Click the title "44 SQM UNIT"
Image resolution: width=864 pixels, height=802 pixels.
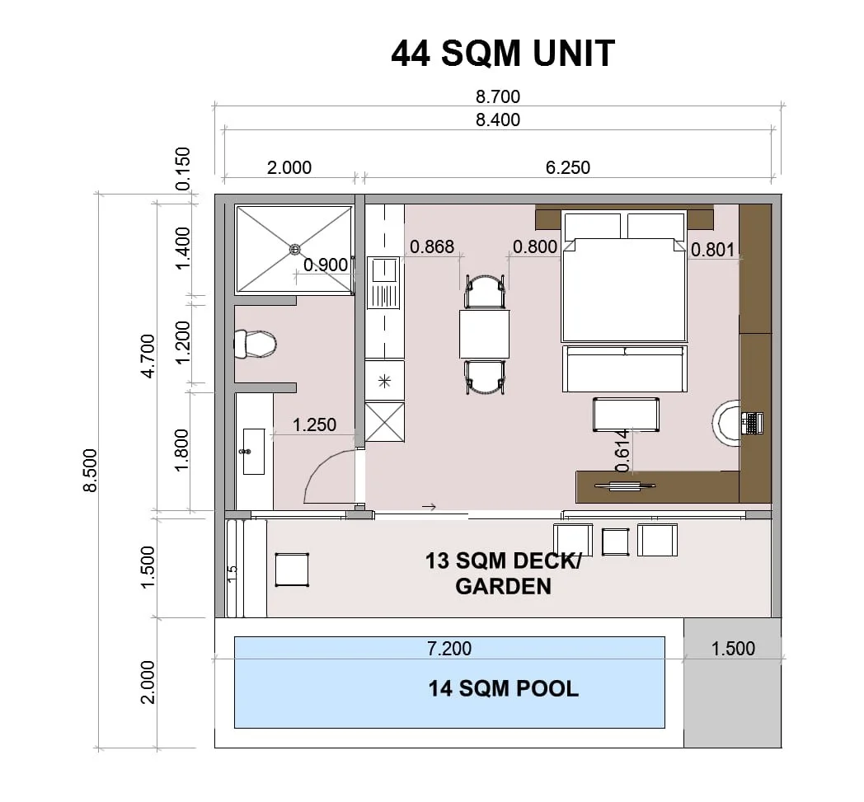(x=503, y=54)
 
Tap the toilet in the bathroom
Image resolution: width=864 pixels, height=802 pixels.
(x=255, y=345)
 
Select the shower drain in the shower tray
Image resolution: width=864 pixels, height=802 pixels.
(x=295, y=250)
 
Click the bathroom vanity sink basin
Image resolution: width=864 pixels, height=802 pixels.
(x=253, y=452)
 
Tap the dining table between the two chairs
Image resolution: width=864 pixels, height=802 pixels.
(x=484, y=335)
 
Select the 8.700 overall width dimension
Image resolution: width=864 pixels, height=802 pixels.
(x=498, y=96)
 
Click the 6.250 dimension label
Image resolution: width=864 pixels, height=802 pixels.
(x=567, y=167)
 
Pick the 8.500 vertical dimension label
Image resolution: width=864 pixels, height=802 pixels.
(x=90, y=470)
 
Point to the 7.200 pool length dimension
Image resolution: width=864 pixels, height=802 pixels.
(x=449, y=649)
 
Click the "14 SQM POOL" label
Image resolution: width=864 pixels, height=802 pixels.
(x=504, y=688)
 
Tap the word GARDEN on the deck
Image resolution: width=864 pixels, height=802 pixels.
(x=503, y=586)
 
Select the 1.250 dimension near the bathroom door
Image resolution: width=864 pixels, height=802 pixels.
(x=314, y=424)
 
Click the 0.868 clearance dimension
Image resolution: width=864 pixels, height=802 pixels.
(x=432, y=246)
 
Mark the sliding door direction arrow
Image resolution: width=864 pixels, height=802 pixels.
(x=430, y=507)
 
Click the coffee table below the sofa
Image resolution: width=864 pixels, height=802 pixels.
(x=626, y=415)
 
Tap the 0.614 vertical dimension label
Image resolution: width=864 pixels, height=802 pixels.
(x=622, y=451)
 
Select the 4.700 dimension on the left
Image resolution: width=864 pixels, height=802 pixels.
(x=148, y=356)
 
